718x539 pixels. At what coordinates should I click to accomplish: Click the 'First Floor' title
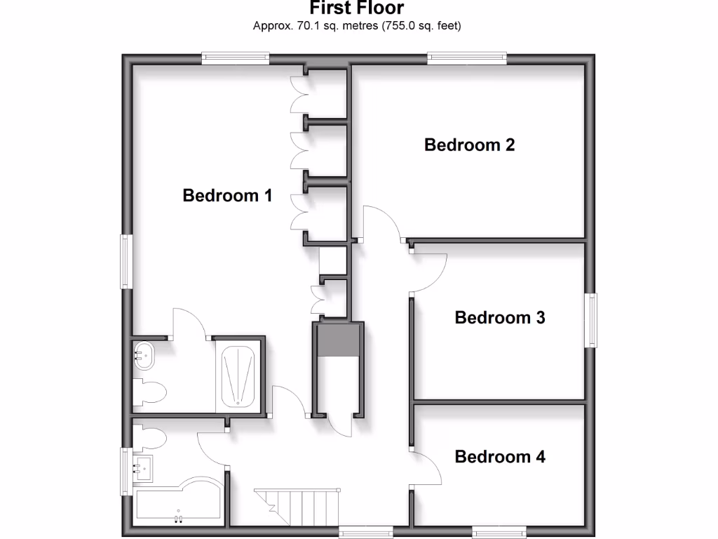pos(357,8)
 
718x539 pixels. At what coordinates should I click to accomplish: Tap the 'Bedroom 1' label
pos(227,195)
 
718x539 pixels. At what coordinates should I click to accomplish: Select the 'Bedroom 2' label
pos(470,145)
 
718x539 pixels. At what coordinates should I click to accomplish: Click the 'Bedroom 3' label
pos(500,317)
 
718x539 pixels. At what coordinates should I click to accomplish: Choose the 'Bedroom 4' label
pos(500,457)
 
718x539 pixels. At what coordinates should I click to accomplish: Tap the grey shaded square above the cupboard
pos(338,340)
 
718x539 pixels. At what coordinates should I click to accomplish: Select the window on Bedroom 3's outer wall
pos(593,320)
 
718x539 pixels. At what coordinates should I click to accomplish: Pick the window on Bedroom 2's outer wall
pos(468,58)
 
